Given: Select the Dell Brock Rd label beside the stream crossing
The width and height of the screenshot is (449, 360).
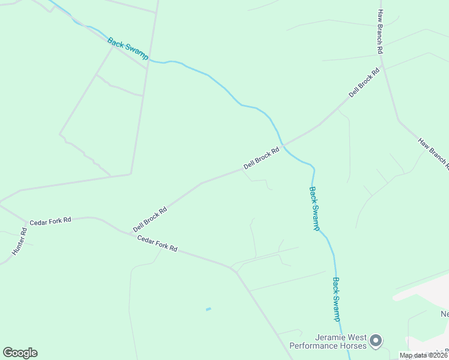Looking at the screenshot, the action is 262,158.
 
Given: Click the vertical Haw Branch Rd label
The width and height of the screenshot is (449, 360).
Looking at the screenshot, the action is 380,32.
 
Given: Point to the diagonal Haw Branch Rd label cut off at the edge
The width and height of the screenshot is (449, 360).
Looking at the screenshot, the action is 433,152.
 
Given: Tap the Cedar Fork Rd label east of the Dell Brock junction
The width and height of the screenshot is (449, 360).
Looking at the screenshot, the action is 157,243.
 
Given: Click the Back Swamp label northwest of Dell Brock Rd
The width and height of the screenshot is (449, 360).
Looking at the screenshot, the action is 128,49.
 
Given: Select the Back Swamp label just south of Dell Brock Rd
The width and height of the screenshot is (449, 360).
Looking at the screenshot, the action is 314,208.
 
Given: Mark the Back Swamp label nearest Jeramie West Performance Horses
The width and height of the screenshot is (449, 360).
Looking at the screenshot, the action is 337,299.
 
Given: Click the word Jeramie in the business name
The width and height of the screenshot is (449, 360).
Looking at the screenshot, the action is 334,337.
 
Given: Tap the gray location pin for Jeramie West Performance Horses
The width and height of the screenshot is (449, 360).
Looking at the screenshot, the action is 376,341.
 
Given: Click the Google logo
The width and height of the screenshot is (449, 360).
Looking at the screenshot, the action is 20,353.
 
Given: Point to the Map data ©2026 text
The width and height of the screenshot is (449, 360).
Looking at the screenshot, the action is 424,355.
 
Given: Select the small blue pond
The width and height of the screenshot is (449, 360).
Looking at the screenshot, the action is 208,309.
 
